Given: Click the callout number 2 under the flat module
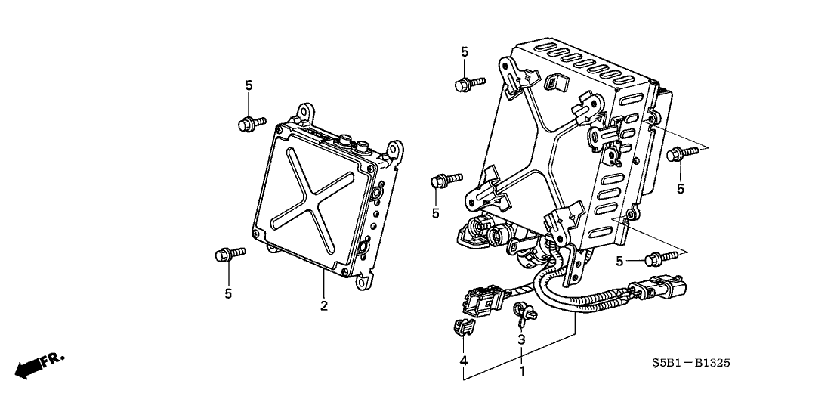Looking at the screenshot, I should coord(324,306).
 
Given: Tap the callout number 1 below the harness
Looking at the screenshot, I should coord(521,372).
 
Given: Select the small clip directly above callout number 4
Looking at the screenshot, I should coord(460,328).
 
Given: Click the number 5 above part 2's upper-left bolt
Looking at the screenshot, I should coord(249,85).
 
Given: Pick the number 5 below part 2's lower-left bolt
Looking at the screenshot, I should coord(228,293).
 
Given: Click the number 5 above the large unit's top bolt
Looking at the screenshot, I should coord(465,51).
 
